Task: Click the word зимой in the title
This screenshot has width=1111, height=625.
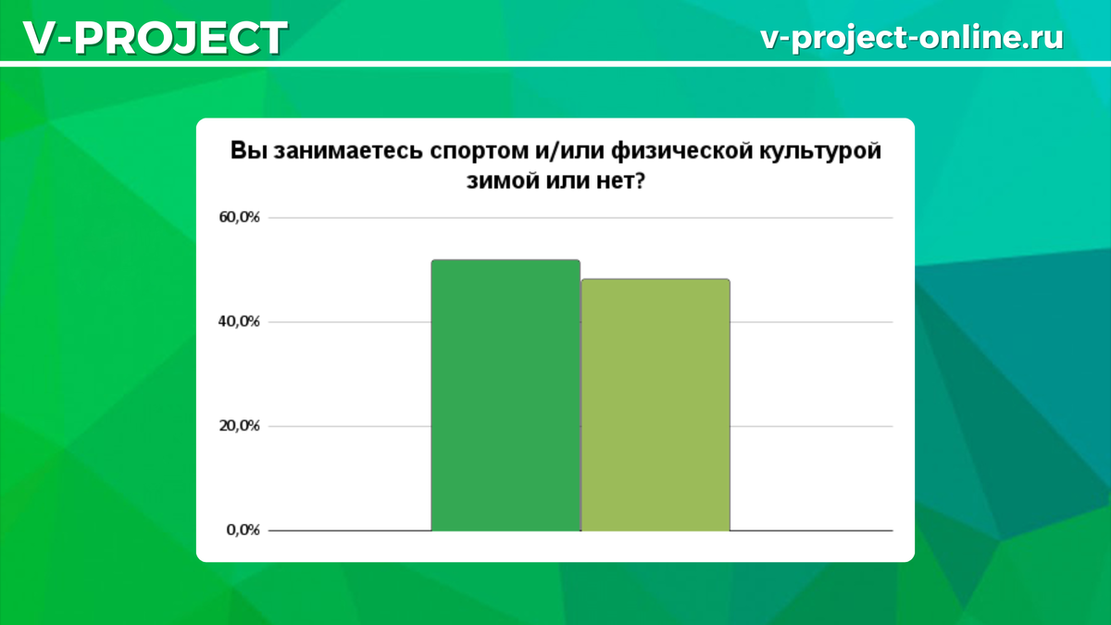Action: pos(500,181)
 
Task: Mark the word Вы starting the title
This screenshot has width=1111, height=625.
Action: pos(246,153)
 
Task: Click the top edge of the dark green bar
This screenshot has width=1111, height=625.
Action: pos(506,261)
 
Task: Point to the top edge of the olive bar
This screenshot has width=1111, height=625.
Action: pos(655,280)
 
